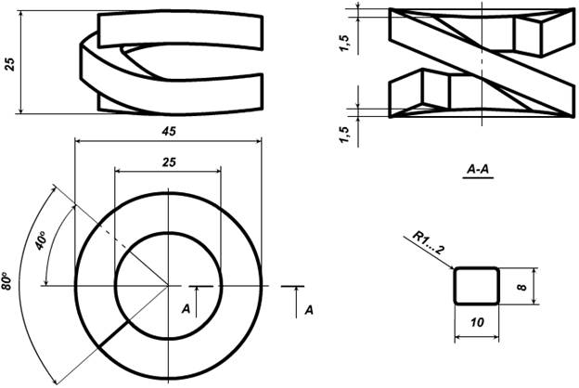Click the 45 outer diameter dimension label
169,131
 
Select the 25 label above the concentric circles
169,162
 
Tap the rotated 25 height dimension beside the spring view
10,64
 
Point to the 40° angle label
41,240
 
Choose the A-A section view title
478,169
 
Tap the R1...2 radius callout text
428,243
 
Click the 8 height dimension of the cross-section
522,287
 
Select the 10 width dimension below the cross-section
477,322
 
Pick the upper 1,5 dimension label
344,43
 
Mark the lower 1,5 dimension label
344,135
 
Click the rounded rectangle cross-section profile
477,286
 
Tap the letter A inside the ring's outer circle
186,308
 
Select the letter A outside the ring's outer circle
309,310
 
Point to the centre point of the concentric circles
168,286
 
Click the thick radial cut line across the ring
113,334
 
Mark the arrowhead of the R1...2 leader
451,266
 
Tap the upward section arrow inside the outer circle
197,302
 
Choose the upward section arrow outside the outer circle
296,302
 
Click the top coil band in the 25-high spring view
181,30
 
